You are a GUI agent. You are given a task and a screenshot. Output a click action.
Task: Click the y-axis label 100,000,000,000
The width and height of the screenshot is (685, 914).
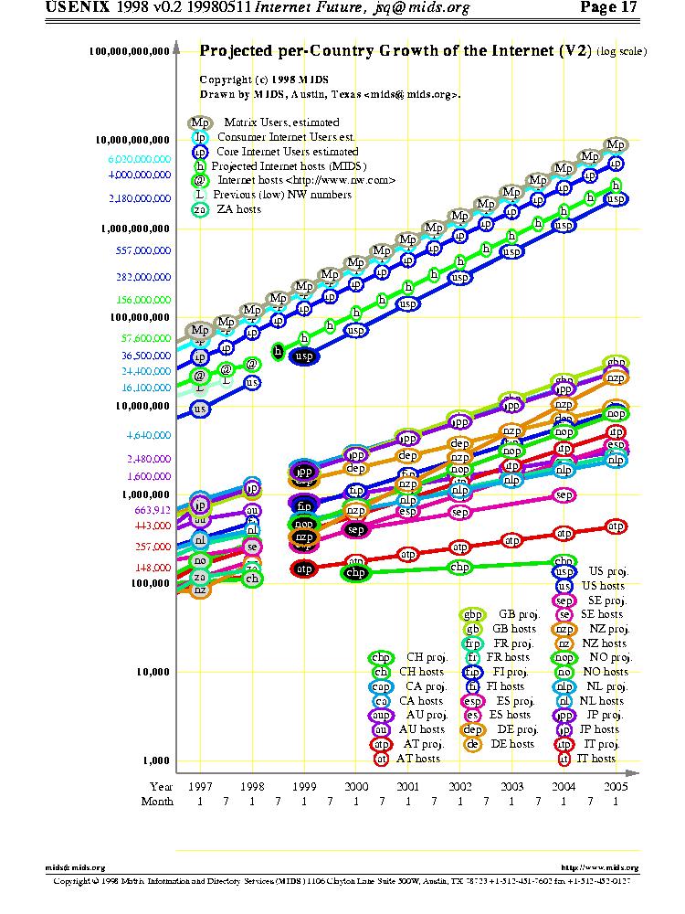(x=130, y=52)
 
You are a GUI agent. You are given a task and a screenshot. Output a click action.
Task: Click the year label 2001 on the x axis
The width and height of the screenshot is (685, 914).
(x=408, y=786)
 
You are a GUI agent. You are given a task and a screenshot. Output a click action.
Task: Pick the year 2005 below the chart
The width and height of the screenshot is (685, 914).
(x=616, y=786)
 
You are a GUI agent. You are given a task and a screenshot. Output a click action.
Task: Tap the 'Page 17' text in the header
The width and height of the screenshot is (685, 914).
(x=607, y=8)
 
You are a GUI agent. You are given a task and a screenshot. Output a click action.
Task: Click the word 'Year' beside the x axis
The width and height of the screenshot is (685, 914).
(x=161, y=786)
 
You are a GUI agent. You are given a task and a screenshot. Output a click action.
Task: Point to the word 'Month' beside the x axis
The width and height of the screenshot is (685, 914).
(x=157, y=802)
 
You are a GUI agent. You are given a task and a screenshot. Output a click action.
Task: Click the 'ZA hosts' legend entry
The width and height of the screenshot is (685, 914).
(x=238, y=209)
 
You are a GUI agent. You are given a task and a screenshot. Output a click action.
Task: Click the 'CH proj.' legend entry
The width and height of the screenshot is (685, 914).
(x=427, y=657)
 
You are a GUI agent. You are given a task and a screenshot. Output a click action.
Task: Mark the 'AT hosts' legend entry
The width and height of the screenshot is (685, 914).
(x=417, y=759)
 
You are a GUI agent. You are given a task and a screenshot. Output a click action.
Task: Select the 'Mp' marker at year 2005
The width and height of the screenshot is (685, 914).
(x=616, y=144)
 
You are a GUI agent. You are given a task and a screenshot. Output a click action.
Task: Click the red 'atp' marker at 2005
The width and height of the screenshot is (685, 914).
(x=616, y=526)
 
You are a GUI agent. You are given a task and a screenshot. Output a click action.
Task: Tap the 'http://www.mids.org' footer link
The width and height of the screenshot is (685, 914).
(x=598, y=867)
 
